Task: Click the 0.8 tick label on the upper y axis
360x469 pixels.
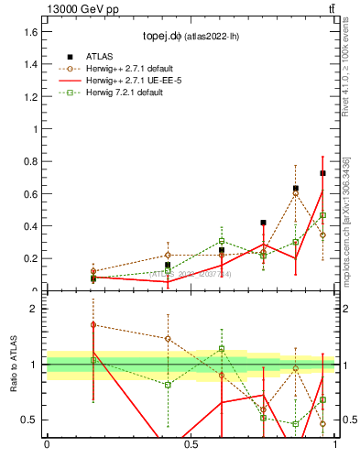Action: pos(31,161)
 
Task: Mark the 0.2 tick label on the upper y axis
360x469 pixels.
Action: pos(31,258)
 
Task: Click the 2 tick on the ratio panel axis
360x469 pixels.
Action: pos(36,309)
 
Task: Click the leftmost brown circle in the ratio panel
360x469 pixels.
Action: pos(93,324)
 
